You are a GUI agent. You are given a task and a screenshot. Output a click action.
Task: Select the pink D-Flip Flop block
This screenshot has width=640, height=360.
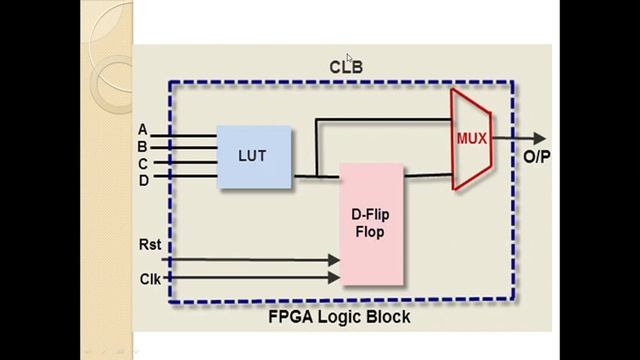(371, 225)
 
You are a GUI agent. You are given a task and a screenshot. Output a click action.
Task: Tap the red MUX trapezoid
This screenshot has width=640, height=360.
(470, 138)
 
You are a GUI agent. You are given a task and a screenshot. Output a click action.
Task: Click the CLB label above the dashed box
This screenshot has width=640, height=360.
(346, 68)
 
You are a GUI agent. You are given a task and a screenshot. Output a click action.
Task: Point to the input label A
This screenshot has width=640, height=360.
(143, 130)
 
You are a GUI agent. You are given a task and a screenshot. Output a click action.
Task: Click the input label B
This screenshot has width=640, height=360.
(143, 146)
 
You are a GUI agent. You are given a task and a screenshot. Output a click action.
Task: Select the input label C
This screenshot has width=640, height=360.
(143, 163)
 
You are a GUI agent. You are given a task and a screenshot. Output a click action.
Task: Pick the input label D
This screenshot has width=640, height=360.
(143, 180)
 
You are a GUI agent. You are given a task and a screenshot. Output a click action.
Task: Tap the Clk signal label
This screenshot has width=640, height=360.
(150, 278)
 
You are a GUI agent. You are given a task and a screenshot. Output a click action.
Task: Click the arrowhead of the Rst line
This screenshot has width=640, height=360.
(334, 260)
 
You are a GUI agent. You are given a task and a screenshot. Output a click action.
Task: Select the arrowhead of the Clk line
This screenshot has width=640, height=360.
(334, 278)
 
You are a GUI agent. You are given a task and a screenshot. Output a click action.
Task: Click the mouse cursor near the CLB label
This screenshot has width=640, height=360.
(350, 59)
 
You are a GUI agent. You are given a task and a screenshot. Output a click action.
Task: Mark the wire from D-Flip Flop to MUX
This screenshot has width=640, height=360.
(427, 176)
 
